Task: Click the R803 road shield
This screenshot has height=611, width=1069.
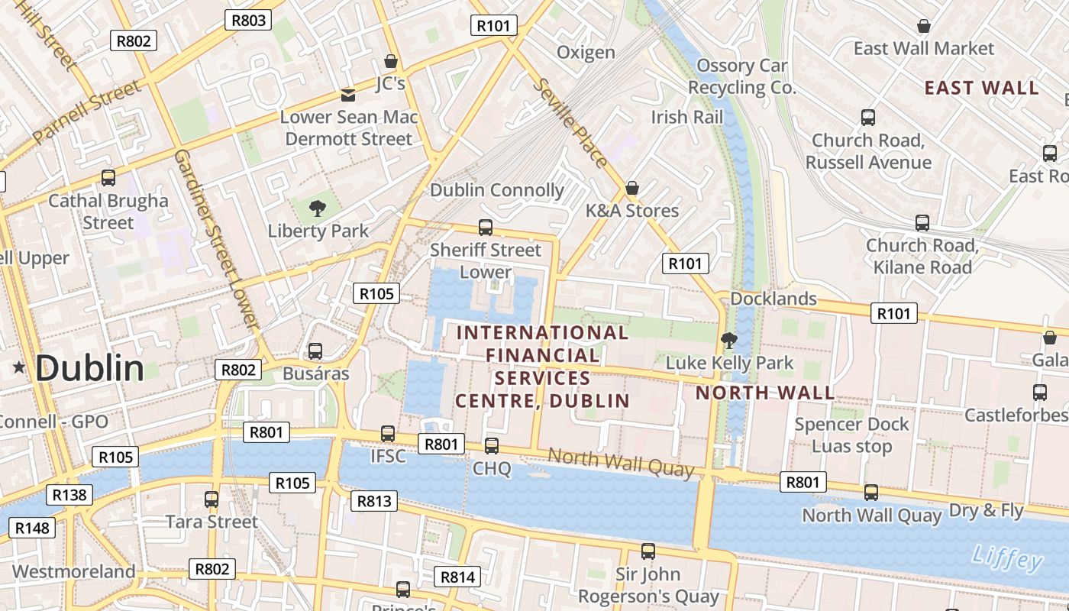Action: coord(248,20)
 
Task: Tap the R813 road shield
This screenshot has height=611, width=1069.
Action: coord(373,501)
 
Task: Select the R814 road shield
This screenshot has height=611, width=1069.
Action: coord(457,577)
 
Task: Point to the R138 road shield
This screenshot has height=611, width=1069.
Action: coord(69,495)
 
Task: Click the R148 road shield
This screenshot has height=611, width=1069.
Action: coord(32,528)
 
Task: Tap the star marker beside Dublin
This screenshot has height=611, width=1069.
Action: coord(19,368)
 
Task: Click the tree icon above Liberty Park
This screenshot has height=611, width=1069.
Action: coord(317,208)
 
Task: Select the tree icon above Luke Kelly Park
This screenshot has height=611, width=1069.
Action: coord(729,340)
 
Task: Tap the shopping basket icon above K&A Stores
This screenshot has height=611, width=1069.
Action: coord(631,188)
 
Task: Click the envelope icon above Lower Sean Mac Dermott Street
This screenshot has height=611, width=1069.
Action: coord(348,95)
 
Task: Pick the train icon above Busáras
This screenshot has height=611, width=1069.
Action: coord(315,351)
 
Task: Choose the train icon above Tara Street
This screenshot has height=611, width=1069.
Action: coord(212,499)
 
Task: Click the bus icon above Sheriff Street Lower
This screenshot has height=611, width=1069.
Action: coord(485,227)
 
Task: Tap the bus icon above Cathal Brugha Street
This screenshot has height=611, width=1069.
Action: coord(108,178)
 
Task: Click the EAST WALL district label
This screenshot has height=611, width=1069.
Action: coord(981,88)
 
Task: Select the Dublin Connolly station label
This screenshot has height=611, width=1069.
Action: coord(497,190)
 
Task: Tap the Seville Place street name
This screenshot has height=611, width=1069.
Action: coord(572,123)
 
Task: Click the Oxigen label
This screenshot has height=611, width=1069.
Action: coord(586,53)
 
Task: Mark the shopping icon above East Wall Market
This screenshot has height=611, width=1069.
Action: coord(923,27)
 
